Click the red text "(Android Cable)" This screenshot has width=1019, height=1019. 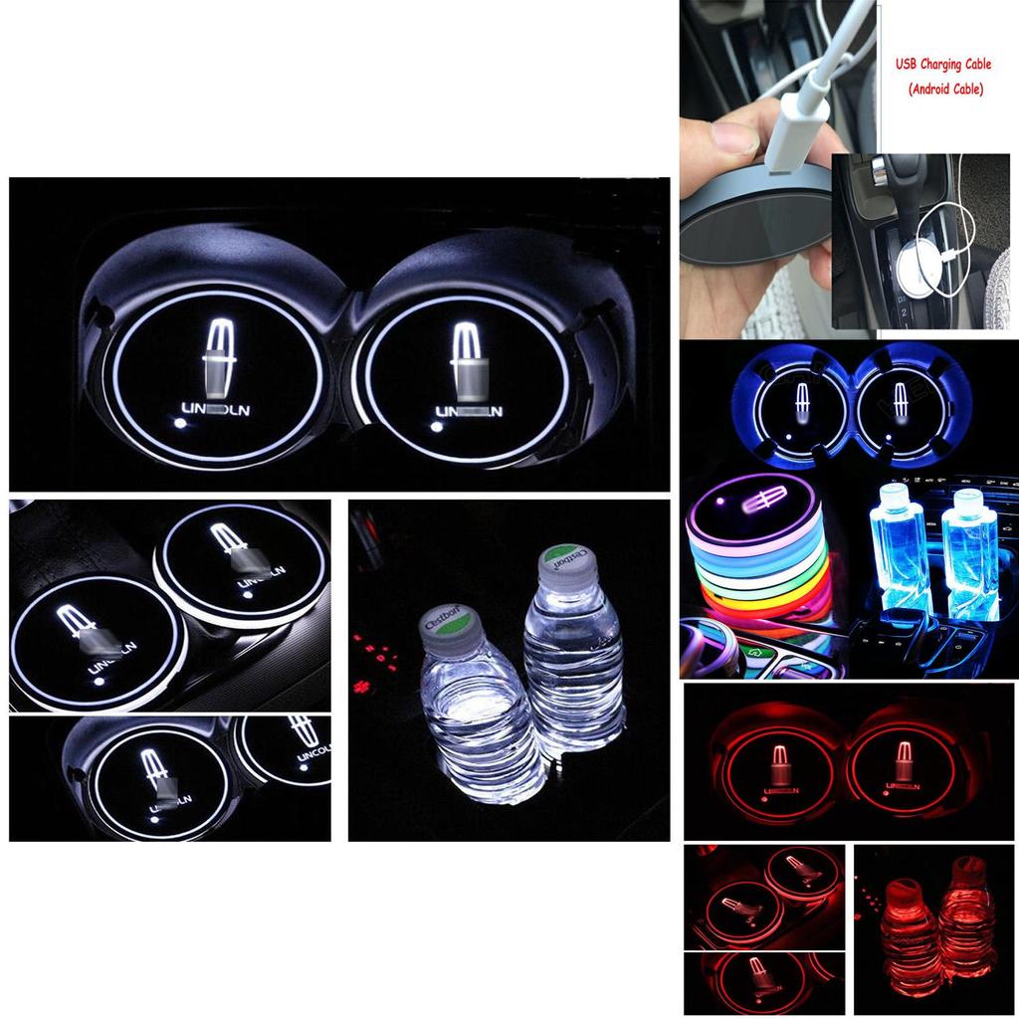click(945, 90)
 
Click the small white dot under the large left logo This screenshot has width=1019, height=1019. click(180, 423)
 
